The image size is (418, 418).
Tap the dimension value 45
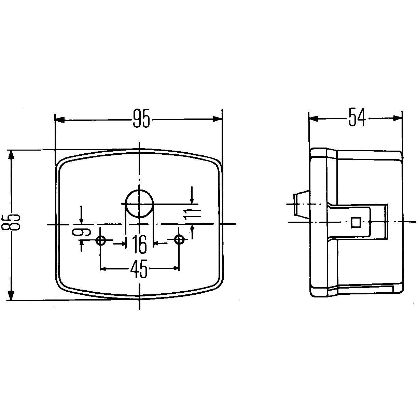(140, 269)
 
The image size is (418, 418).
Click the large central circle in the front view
(139, 204)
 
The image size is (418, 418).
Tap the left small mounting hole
(101, 240)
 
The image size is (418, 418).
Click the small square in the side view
(356, 223)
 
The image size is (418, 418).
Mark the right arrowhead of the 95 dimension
(218, 119)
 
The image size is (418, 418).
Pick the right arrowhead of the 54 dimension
(398, 118)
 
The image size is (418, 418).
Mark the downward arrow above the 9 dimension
(81, 218)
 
